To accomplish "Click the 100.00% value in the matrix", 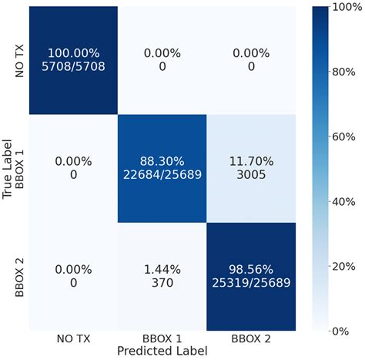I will (x=73, y=53).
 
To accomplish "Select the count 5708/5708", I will (x=73, y=67).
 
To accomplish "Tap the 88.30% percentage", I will (x=162, y=162).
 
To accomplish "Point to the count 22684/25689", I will (x=162, y=176).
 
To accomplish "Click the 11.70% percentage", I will (x=251, y=162).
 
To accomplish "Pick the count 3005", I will (x=251, y=176).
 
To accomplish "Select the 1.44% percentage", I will (x=162, y=271).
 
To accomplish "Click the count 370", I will (x=162, y=284).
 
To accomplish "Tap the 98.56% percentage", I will (x=251, y=271).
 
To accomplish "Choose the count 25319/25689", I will (x=251, y=284).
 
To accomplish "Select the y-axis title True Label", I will (x=8, y=170).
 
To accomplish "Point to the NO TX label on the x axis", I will (x=73, y=339).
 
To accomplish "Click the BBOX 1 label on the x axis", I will (x=162, y=339).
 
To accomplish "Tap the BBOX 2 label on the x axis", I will (x=251, y=339).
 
